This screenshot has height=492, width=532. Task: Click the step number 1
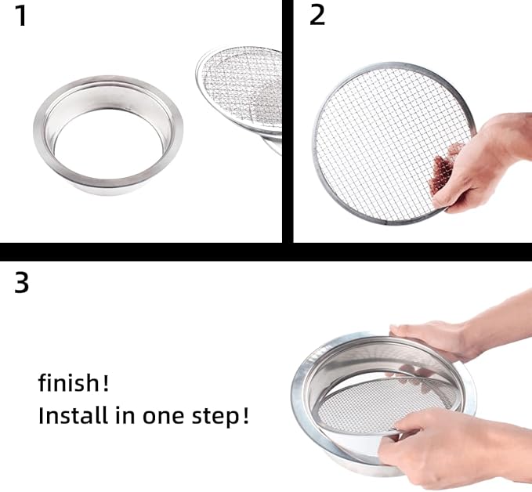(x=21, y=16)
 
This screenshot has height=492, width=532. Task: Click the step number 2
(x=317, y=16)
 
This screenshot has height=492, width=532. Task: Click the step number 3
(x=22, y=283)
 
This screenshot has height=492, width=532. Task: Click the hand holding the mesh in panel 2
(x=482, y=165)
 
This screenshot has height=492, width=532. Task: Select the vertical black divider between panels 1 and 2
(x=288, y=118)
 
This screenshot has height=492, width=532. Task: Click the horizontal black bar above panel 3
(x=266, y=251)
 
